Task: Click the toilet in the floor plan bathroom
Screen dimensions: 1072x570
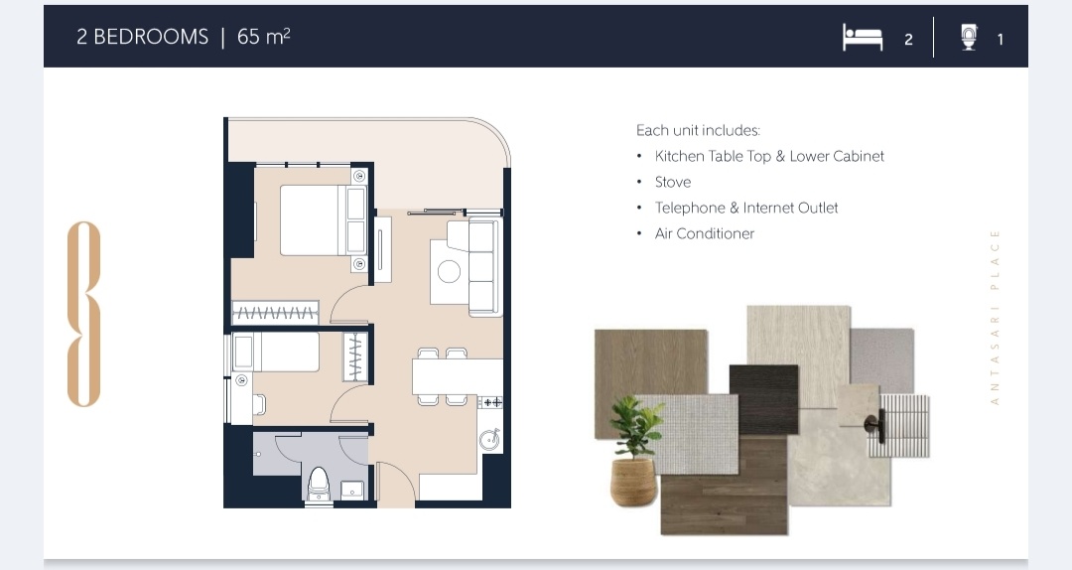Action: tap(319, 483)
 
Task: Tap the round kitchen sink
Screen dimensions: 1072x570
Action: tap(489, 440)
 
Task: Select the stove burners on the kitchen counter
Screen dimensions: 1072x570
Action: tap(491, 402)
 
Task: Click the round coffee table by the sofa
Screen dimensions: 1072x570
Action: tap(449, 271)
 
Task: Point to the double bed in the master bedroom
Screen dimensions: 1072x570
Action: tap(323, 220)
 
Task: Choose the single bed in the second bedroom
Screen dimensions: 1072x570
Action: tap(276, 352)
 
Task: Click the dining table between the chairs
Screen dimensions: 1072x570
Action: tap(457, 376)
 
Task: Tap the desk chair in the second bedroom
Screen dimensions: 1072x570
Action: tap(258, 404)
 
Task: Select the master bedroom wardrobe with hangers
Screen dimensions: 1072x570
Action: tap(275, 313)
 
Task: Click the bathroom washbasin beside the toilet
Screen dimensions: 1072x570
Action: tap(352, 490)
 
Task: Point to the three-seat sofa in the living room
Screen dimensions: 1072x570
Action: tap(484, 267)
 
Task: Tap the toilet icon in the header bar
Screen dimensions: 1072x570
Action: tap(969, 37)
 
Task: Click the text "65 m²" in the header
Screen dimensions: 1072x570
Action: tap(263, 37)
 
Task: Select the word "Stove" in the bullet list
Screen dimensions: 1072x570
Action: tap(673, 182)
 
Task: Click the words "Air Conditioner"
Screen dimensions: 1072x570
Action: tap(704, 233)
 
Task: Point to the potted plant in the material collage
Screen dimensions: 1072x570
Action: tap(635, 452)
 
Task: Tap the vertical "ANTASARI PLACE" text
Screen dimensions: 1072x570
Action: tap(995, 318)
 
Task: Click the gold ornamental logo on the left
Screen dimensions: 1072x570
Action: tap(84, 314)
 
